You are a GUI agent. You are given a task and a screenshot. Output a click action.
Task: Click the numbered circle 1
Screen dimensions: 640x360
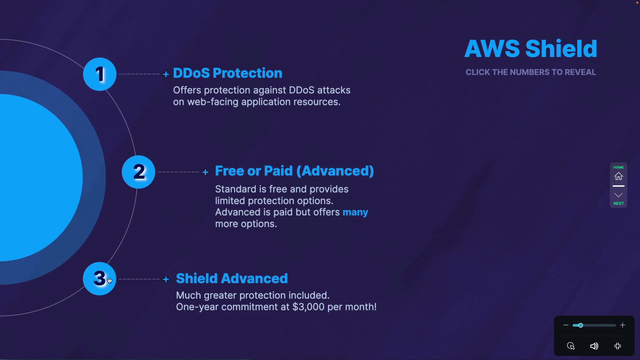100,74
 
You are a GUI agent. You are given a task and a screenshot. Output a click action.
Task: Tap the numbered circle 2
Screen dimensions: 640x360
138,172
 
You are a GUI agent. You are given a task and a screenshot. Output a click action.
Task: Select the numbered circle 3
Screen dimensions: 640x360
99,279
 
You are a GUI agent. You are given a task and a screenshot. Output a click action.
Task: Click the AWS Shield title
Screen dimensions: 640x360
531,49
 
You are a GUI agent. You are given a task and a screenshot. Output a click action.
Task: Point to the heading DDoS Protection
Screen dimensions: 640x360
228,73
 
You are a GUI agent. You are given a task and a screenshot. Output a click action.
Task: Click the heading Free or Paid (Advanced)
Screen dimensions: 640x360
294,171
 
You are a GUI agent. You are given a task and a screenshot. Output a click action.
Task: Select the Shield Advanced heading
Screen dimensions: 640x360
232,278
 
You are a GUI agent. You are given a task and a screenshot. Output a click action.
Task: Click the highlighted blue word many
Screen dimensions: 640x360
355,213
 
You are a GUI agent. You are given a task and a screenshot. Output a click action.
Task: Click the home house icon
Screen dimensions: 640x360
619,176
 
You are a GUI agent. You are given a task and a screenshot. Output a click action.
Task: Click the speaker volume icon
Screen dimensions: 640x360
594,346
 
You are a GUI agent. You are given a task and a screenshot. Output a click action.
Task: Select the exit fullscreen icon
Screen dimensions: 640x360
618,346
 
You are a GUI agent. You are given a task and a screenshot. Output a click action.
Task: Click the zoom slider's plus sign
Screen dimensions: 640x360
623,325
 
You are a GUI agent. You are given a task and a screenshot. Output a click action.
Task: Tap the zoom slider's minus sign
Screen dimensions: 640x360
566,325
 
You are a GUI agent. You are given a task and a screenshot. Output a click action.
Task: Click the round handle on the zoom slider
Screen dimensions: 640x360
580,325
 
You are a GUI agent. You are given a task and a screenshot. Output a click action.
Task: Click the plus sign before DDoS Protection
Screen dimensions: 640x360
166,74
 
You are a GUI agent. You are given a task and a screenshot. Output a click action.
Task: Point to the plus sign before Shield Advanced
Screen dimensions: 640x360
166,279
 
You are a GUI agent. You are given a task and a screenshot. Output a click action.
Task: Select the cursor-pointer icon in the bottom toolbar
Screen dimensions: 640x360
571,346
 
